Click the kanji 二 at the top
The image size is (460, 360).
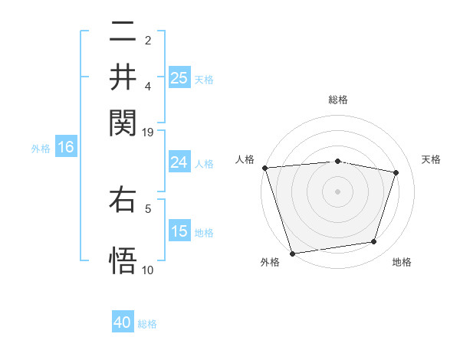(x=123, y=31)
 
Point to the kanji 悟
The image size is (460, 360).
(x=123, y=259)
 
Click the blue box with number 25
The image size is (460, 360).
(x=179, y=77)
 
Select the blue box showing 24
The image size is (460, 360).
(x=179, y=162)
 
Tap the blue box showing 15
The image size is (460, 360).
(x=179, y=231)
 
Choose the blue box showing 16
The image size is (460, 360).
(x=65, y=147)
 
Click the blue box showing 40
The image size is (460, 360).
(x=123, y=322)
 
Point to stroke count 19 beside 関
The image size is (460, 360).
(x=148, y=132)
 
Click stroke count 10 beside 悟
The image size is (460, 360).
(x=148, y=270)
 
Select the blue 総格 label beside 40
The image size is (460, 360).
(x=147, y=324)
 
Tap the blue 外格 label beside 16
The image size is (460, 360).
(x=41, y=149)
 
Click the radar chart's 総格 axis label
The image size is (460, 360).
(x=338, y=100)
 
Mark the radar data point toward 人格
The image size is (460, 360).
(x=264, y=168)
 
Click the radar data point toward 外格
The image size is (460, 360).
(x=292, y=253)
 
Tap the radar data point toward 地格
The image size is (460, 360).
(x=374, y=242)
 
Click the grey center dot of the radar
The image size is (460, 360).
(x=338, y=191)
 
